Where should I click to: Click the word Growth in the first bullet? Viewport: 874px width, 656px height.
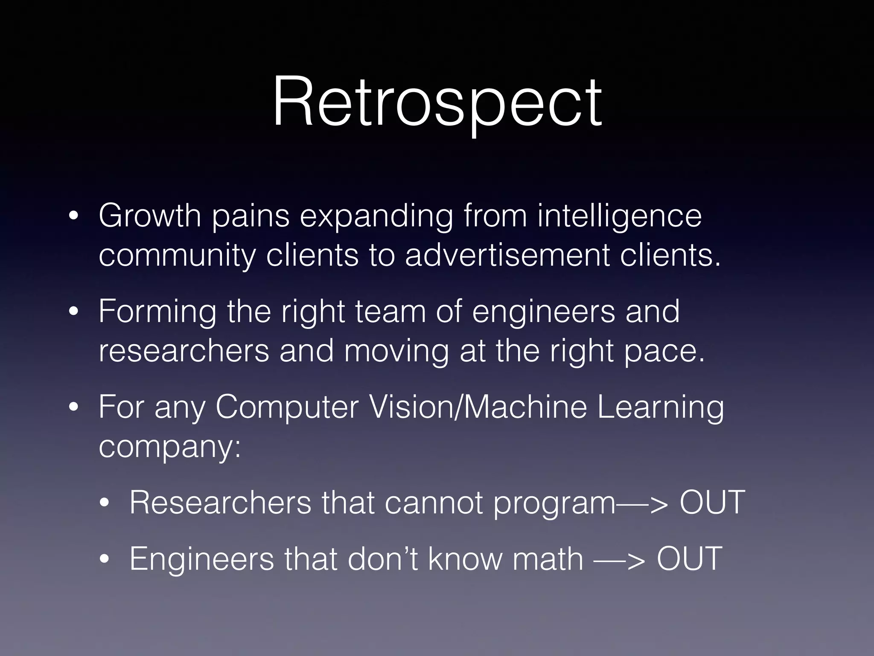(150, 216)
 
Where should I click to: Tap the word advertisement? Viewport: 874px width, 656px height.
(507, 255)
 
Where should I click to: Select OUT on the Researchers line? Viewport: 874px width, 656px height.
(712, 503)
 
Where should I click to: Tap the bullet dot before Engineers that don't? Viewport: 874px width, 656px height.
(105, 559)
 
